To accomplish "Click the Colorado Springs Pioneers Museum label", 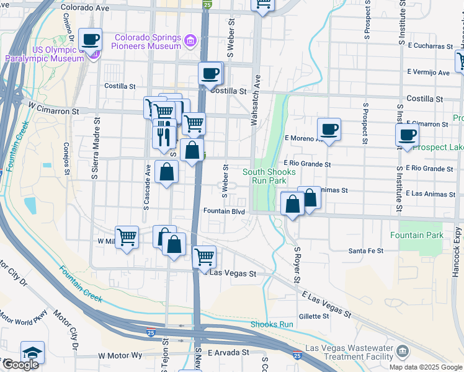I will click(146, 41).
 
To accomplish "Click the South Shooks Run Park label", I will click(264, 176).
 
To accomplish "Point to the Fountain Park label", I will click(417, 235).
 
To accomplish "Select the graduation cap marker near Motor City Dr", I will click(32, 353).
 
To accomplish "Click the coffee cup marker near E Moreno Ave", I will click(329, 129).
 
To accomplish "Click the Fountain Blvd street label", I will click(224, 212).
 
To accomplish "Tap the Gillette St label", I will click(313, 316).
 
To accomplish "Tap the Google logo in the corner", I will click(20, 365).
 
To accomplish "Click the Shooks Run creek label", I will click(272, 324).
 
